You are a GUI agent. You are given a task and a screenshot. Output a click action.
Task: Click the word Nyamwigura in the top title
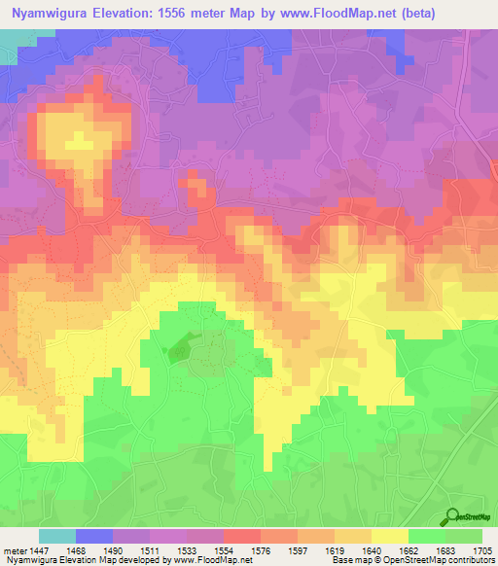(50, 14)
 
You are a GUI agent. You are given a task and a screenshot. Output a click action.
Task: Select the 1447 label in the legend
(41, 549)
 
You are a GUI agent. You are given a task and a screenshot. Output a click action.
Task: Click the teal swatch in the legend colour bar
(57, 536)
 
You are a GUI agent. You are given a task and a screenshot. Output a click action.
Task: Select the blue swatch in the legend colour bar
(94, 536)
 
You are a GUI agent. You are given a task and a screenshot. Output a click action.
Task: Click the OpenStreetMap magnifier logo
(452, 515)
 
